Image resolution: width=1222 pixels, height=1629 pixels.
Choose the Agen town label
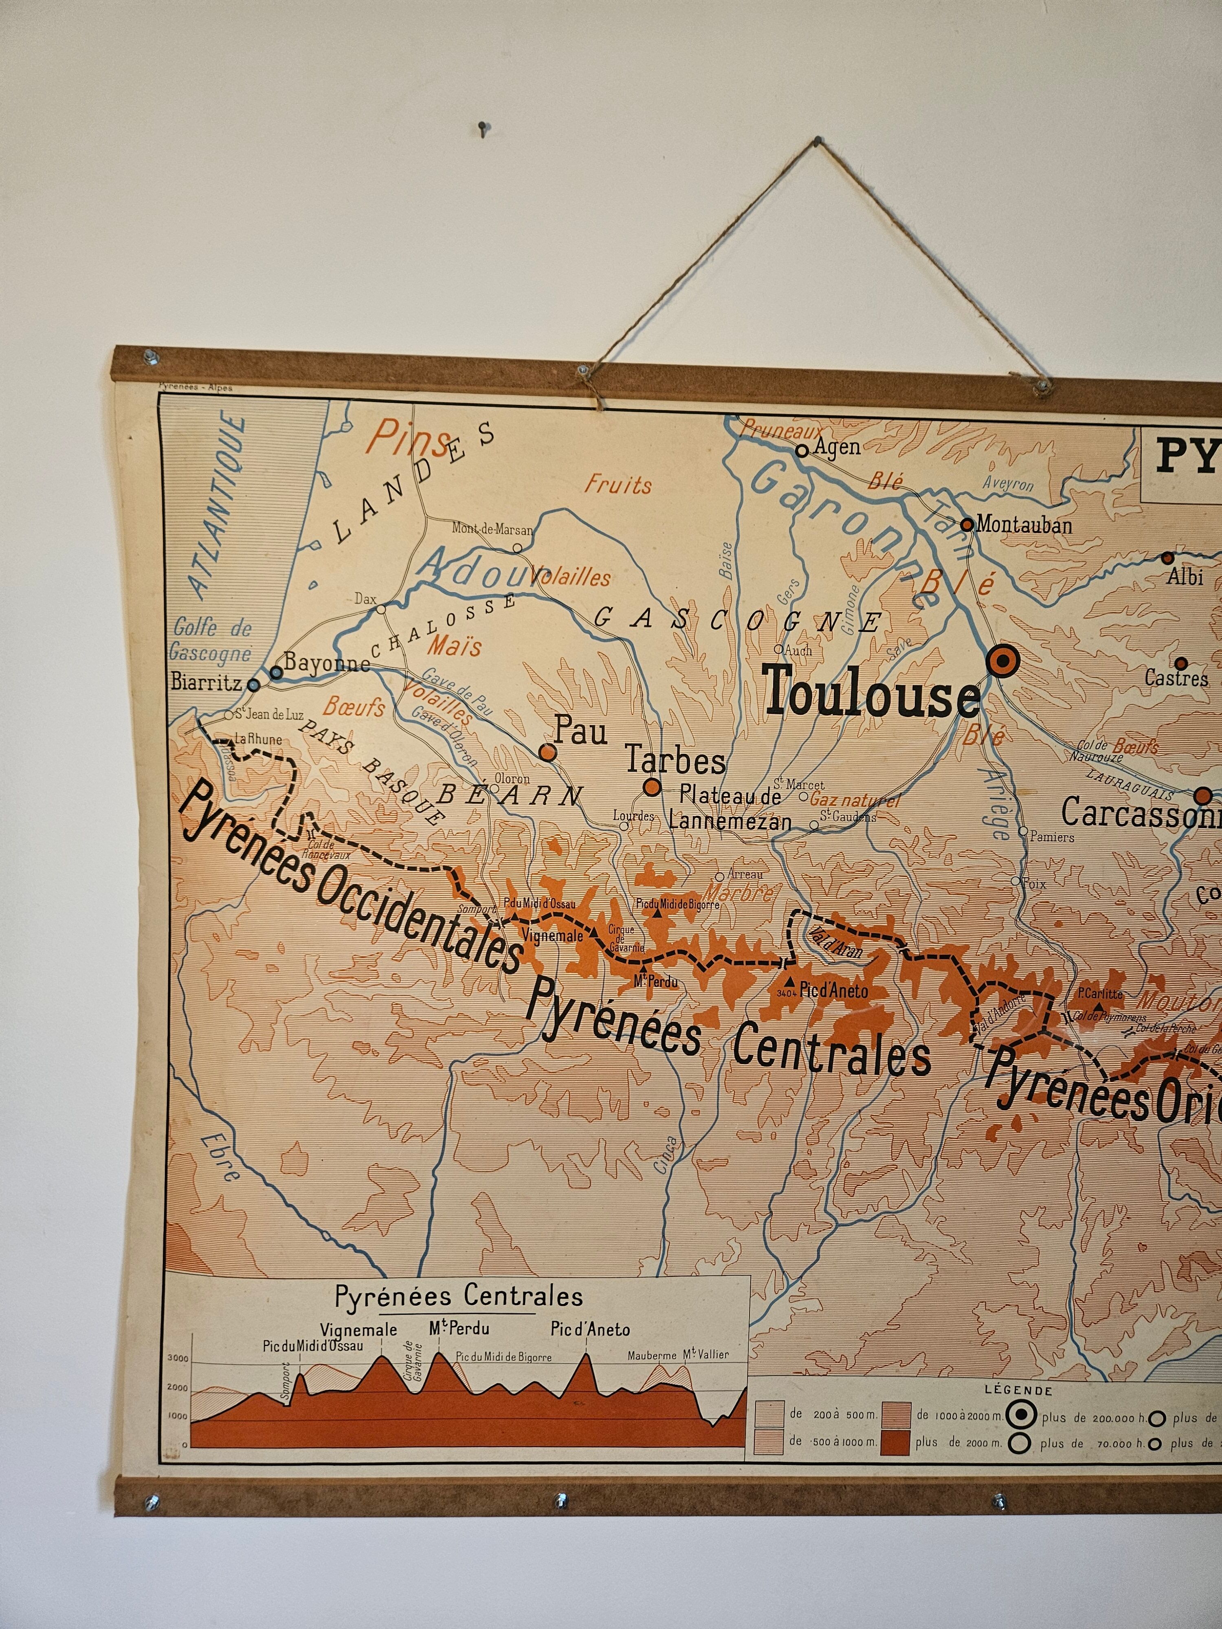(x=837, y=447)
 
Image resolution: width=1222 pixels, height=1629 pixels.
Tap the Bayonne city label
(x=326, y=662)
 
